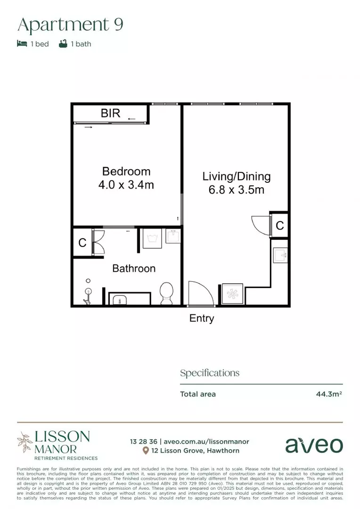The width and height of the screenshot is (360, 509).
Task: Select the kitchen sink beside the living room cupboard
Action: (x=280, y=255)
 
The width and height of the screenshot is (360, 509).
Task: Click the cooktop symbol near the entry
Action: (x=233, y=294)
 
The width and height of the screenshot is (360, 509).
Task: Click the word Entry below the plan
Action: (x=202, y=319)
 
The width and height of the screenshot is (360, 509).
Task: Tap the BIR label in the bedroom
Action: (x=111, y=113)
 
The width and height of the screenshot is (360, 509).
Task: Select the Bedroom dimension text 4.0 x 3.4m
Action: (x=126, y=185)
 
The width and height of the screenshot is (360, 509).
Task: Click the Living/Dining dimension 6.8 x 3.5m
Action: (x=237, y=190)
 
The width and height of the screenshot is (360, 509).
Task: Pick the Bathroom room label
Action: (x=134, y=269)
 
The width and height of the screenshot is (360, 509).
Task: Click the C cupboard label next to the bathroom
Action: (x=82, y=243)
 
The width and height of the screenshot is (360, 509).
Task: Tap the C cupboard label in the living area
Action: (x=280, y=226)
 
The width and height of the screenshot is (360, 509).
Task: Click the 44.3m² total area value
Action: (x=328, y=394)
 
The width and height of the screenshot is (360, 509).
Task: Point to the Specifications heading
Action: (x=210, y=373)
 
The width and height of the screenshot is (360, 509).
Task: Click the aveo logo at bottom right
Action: (x=314, y=445)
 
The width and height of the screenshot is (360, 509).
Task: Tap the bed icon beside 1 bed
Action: (x=22, y=44)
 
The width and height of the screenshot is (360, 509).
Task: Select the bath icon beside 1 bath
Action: (x=63, y=44)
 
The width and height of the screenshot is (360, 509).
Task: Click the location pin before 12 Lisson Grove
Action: (x=146, y=451)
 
